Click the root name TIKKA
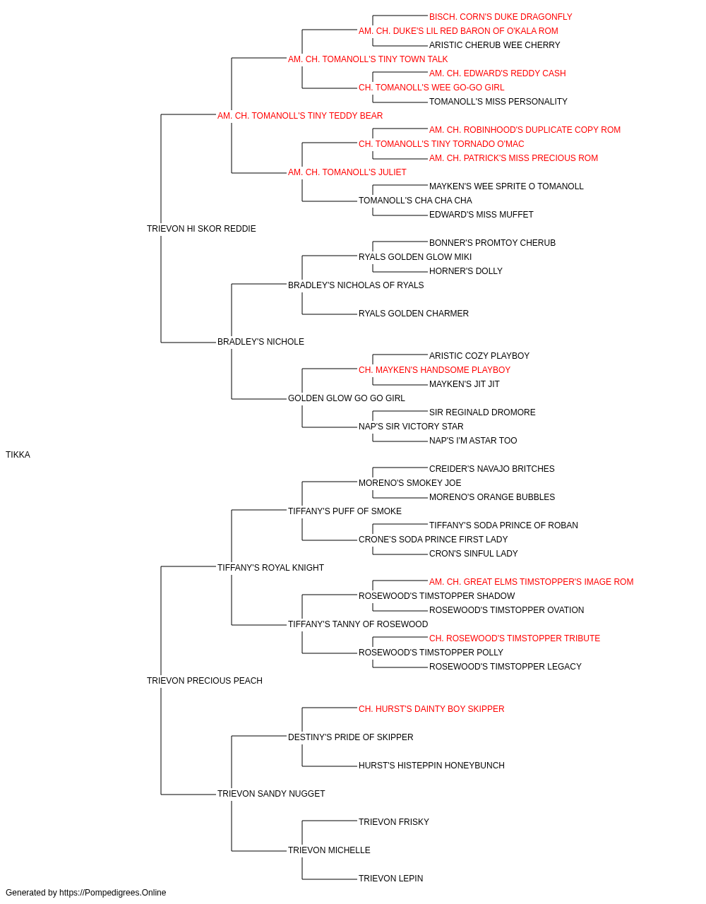[18, 455]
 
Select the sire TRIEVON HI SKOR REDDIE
[201, 229]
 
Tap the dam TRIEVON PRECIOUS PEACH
[205, 681]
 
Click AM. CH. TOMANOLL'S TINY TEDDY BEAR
[300, 116]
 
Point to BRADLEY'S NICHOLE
[261, 342]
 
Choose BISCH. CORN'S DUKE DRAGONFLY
[501, 17]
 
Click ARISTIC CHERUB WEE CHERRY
[494, 45]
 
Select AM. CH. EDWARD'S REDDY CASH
[497, 73]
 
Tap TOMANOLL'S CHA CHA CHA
[415, 201]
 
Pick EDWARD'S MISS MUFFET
[481, 215]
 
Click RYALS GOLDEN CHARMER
[414, 314]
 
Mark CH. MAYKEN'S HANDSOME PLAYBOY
[434, 370]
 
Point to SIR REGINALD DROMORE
[482, 412]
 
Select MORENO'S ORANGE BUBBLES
[492, 497]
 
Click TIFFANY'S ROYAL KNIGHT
[270, 568]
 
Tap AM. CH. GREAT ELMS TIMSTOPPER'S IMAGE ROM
[532, 582]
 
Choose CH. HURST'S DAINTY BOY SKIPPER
[431, 709]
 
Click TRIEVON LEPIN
[391, 878]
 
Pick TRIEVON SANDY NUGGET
[271, 794]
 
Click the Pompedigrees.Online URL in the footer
[113, 893]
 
